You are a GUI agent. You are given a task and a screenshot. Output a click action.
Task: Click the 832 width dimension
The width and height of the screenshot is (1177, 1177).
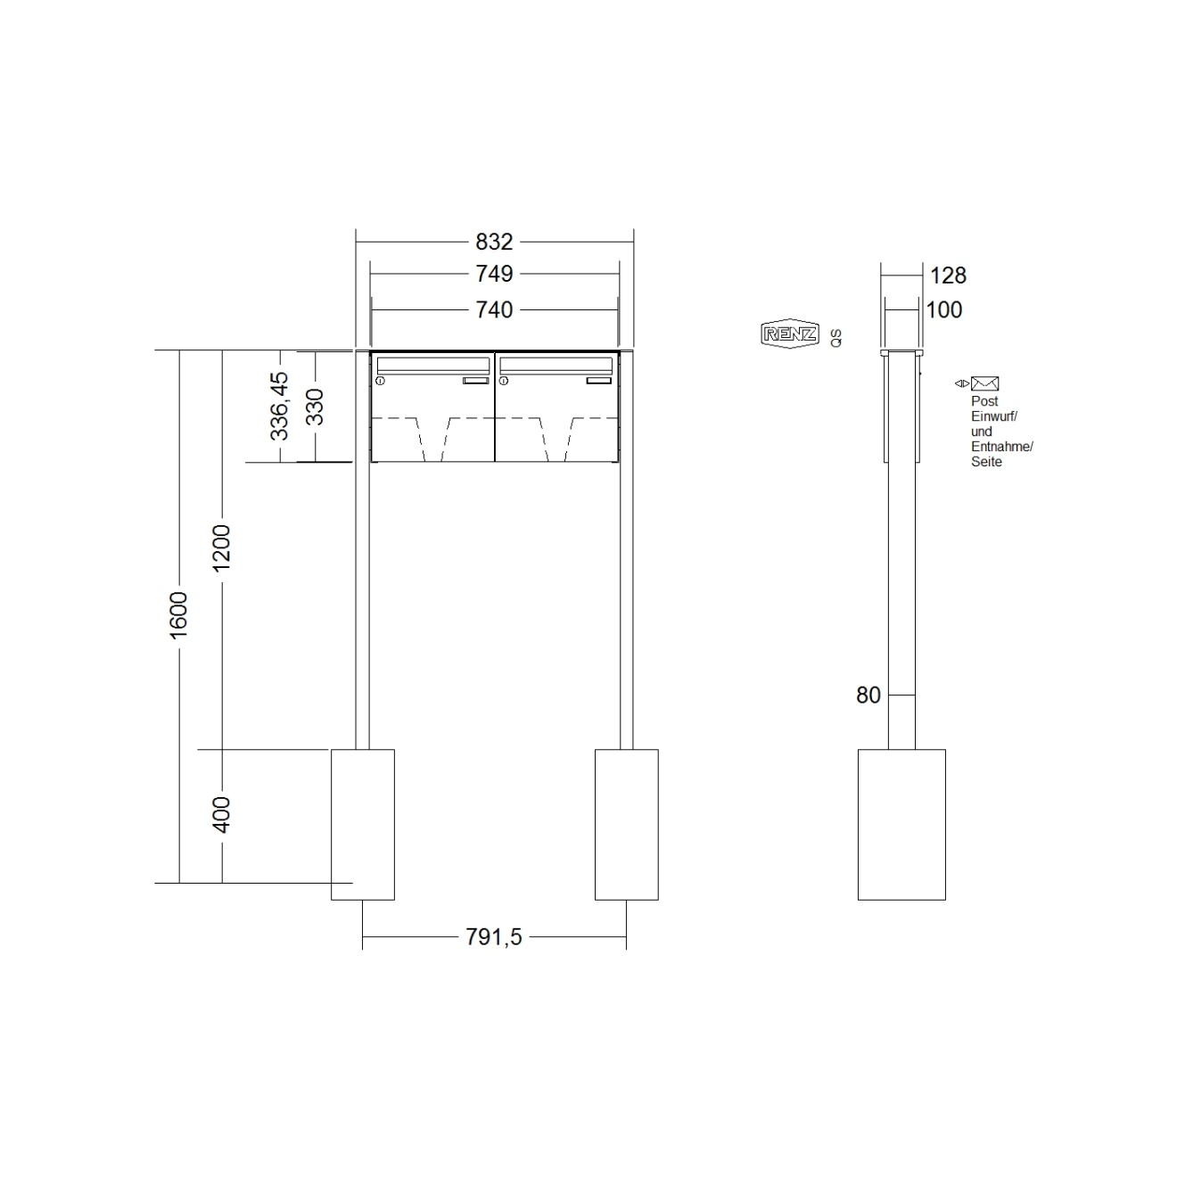[x=494, y=242]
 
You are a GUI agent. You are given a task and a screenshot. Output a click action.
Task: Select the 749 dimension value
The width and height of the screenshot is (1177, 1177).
[x=494, y=275]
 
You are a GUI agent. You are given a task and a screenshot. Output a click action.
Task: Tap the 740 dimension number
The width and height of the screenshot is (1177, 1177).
[x=494, y=309]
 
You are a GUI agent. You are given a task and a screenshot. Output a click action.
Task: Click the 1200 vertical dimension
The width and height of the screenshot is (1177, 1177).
[x=222, y=547]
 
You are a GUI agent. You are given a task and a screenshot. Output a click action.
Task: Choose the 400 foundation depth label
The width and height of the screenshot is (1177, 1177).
[x=222, y=814]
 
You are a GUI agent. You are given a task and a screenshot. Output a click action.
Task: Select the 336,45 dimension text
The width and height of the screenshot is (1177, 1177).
[x=280, y=406]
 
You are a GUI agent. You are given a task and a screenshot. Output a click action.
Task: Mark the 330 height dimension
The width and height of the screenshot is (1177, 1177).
[x=315, y=406]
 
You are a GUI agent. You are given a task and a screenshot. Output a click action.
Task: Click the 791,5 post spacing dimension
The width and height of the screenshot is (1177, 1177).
[x=493, y=937]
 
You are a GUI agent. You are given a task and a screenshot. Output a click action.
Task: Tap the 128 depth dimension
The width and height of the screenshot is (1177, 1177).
[x=948, y=276]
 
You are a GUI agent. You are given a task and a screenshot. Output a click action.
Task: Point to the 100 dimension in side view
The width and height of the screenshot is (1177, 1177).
[x=944, y=309]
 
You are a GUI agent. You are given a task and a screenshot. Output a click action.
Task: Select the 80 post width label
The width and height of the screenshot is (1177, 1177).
[x=868, y=695]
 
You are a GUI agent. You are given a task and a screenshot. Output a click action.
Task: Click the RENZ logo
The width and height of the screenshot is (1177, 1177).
[x=788, y=334]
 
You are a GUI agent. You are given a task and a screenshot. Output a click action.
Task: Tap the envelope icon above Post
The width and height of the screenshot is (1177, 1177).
[x=984, y=383]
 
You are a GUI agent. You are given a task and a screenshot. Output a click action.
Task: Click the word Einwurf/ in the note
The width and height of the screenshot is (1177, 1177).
[x=994, y=416]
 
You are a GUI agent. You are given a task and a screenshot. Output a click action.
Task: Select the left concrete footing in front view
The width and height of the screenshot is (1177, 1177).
[x=362, y=824]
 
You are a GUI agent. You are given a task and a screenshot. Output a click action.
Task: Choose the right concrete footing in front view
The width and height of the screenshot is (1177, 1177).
[x=626, y=824]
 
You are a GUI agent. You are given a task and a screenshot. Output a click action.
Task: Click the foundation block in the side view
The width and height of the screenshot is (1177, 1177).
[x=901, y=824]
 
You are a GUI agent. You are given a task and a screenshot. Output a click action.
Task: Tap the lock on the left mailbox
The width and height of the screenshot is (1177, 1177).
[x=381, y=382]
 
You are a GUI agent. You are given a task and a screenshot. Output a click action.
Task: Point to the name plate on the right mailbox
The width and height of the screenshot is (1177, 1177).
[x=599, y=381]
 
